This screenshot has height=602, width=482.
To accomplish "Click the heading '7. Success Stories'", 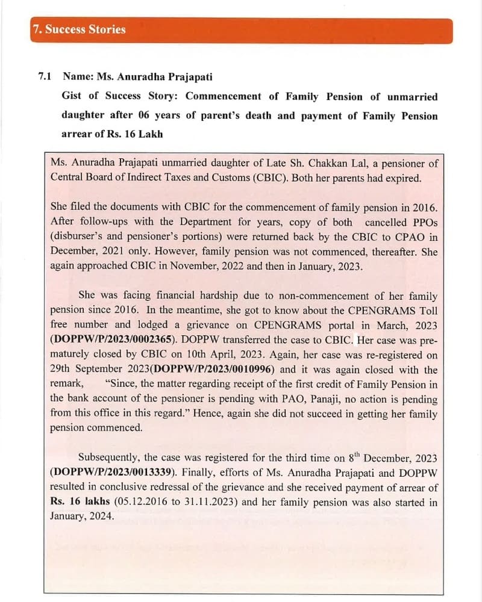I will click(x=79, y=29).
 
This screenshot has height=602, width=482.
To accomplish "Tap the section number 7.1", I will click(x=45, y=77).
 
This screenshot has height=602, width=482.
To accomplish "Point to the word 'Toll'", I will click(x=428, y=311).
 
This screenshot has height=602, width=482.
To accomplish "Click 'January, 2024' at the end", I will click(x=81, y=517).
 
